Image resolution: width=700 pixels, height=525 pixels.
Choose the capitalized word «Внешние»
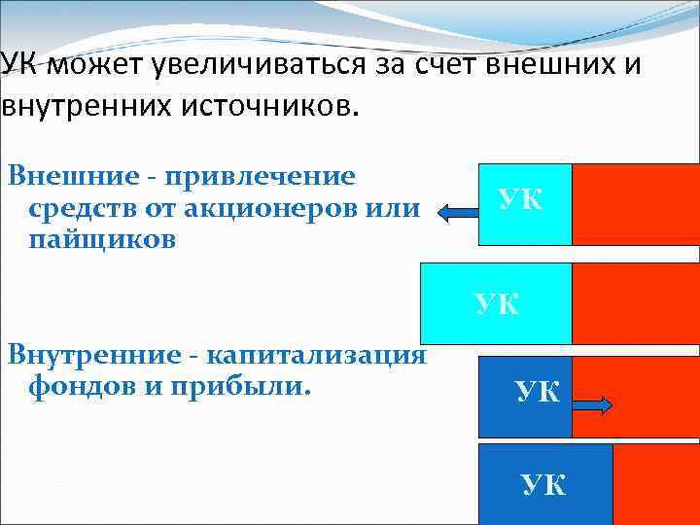tap(73, 177)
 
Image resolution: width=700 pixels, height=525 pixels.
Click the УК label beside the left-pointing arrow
tap(521, 199)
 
